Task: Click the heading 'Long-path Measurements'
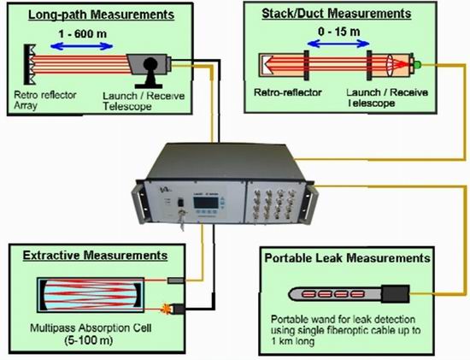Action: tap(101, 15)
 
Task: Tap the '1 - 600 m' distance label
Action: tap(82, 33)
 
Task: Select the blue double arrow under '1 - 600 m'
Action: tap(81, 46)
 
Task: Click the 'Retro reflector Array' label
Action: tap(45, 100)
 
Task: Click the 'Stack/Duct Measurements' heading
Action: tap(337, 14)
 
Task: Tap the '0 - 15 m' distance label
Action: tap(339, 32)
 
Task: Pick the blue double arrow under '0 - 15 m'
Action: tap(338, 44)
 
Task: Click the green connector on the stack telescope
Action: tap(418, 64)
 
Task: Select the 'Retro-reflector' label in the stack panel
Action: tap(288, 92)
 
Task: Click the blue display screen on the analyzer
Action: tap(206, 204)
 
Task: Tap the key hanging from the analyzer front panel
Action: tap(182, 221)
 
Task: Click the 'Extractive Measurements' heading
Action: tap(95, 256)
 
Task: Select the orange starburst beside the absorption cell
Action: tap(165, 309)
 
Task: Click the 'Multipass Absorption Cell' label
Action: tap(91, 328)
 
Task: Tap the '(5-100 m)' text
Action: tap(89, 340)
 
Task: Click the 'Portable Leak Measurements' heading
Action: tap(348, 258)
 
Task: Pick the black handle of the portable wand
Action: tap(396, 293)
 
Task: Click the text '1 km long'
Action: tap(293, 341)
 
